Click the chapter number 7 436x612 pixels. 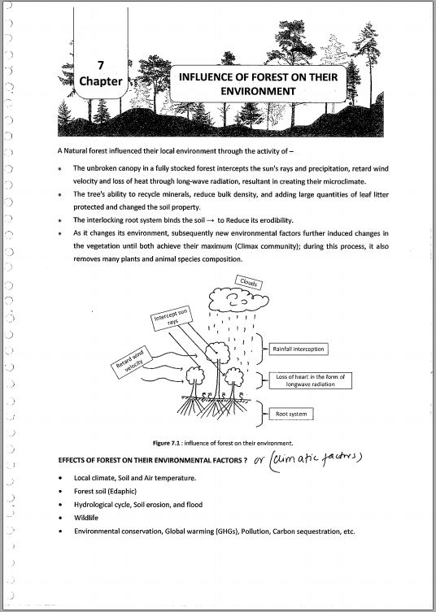(x=101, y=65)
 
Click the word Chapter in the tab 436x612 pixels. (x=101, y=81)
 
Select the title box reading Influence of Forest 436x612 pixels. (x=258, y=84)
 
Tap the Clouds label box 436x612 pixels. (x=248, y=282)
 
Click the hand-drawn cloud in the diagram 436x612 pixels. (x=238, y=300)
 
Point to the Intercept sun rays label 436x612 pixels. (x=172, y=318)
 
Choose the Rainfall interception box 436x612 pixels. (x=299, y=349)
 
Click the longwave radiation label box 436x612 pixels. (x=310, y=380)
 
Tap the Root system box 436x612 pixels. (x=291, y=415)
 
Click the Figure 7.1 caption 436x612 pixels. (x=223, y=443)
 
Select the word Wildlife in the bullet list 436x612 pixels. (x=86, y=518)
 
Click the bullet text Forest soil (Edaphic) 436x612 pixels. (x=105, y=491)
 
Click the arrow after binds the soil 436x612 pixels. (x=210, y=220)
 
